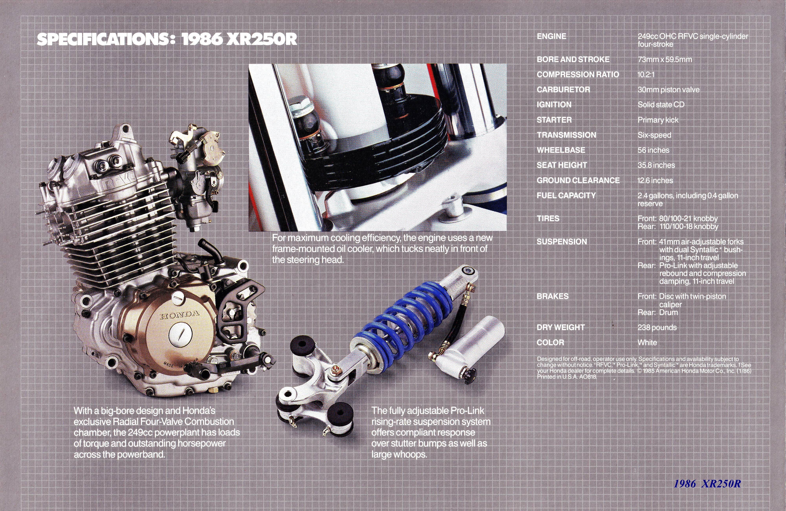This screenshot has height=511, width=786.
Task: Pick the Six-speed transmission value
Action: (654, 135)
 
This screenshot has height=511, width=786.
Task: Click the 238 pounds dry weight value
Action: (657, 327)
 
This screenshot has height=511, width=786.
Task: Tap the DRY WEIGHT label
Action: (561, 327)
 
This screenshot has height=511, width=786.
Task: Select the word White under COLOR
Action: (647, 342)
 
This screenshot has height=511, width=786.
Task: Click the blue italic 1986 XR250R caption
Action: (707, 484)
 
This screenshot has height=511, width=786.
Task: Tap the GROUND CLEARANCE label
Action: (578, 181)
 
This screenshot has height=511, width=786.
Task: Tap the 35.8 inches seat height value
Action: (656, 165)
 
